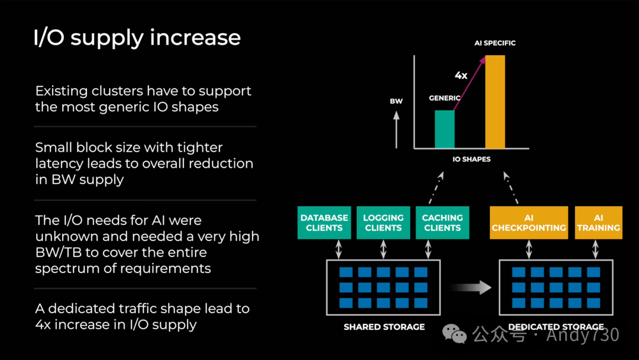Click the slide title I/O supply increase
[137, 38]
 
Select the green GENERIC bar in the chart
[445, 128]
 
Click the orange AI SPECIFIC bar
[495, 101]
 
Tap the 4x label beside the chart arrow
[461, 75]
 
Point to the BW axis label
[396, 101]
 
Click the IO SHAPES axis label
[471, 159]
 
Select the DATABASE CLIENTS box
[324, 223]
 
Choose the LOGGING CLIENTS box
[383, 223]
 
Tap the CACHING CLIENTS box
[442, 223]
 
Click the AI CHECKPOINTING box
[528, 223]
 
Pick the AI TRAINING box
[598, 223]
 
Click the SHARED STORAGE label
[384, 327]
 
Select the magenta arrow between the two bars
[471, 82]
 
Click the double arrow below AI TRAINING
[599, 249]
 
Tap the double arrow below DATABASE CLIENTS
[339, 249]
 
